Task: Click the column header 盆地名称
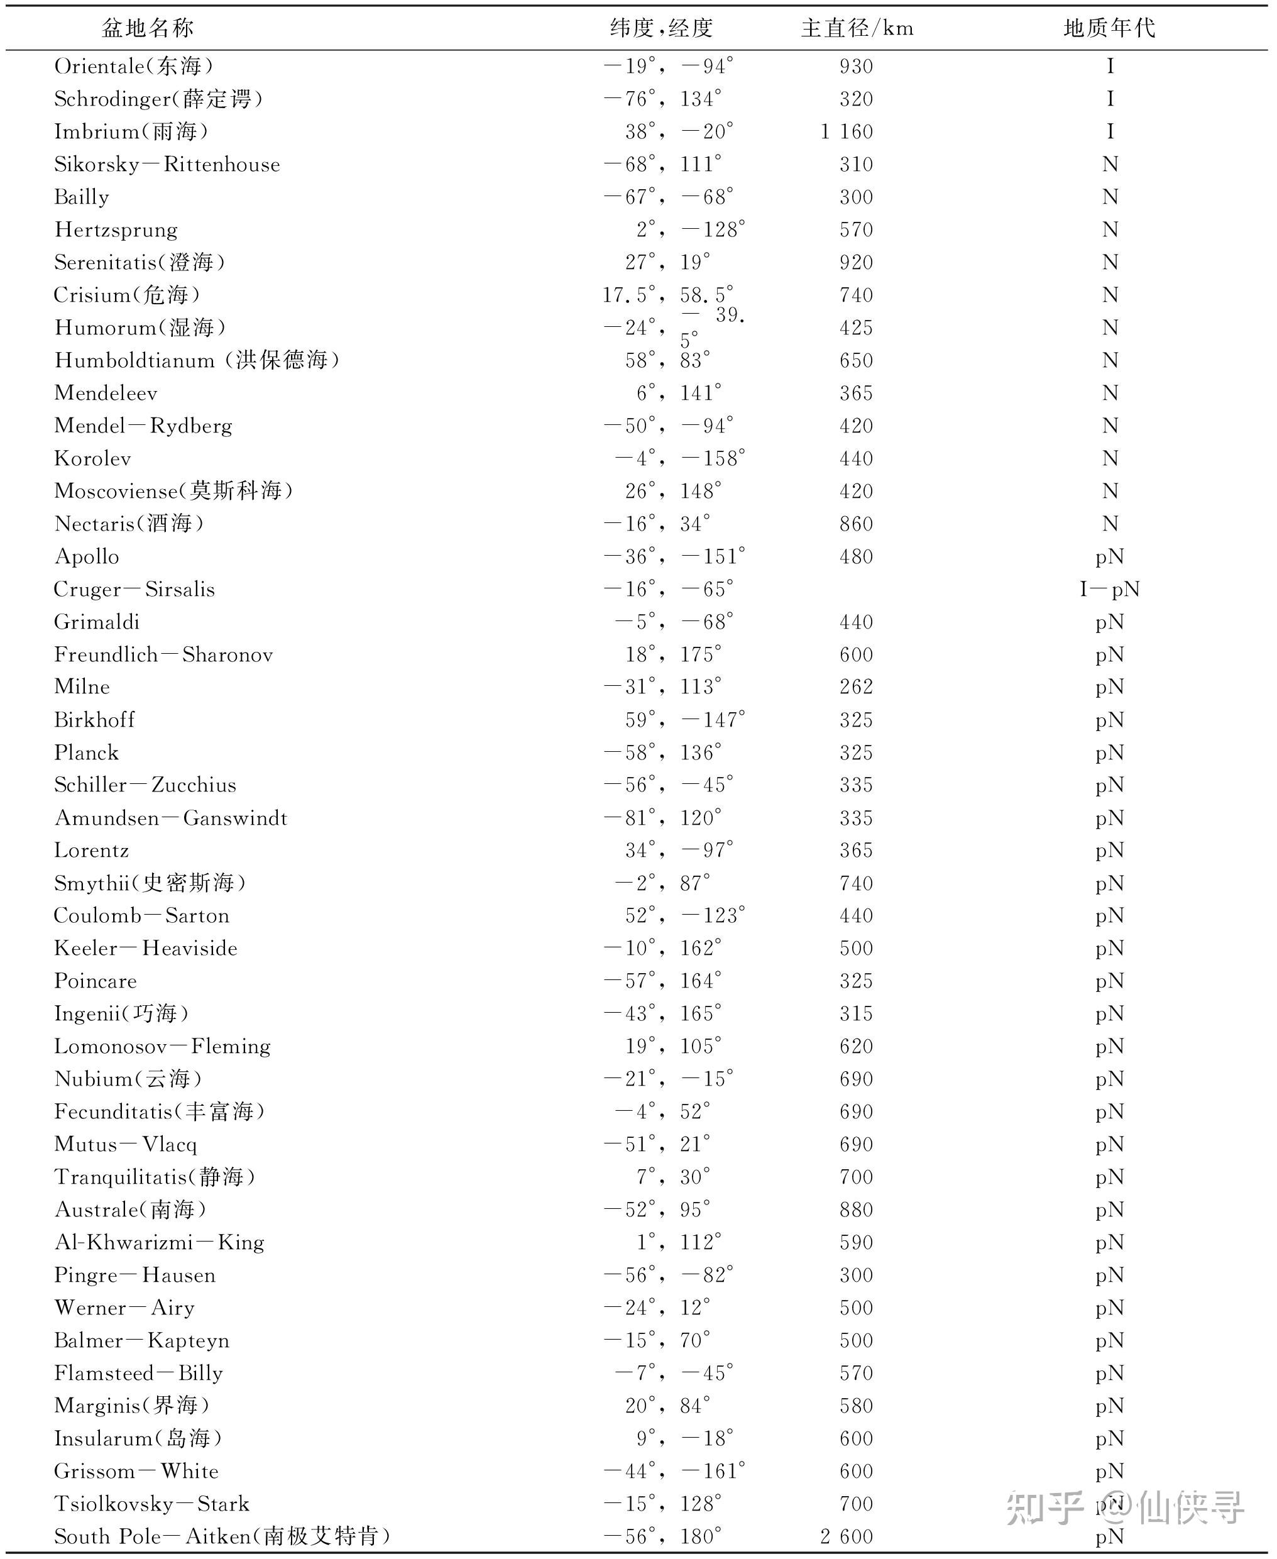click(147, 28)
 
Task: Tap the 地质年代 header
click(1109, 28)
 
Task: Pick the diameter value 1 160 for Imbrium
click(847, 131)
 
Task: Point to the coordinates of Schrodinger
click(662, 99)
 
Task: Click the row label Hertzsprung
click(116, 229)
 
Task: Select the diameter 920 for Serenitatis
click(856, 263)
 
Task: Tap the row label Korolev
click(92, 458)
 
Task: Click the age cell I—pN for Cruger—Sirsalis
click(1109, 589)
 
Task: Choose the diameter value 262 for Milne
click(856, 686)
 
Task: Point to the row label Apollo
click(87, 556)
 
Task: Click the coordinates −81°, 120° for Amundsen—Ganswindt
click(662, 817)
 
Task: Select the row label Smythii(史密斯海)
click(150, 882)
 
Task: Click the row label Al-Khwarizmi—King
click(159, 1242)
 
